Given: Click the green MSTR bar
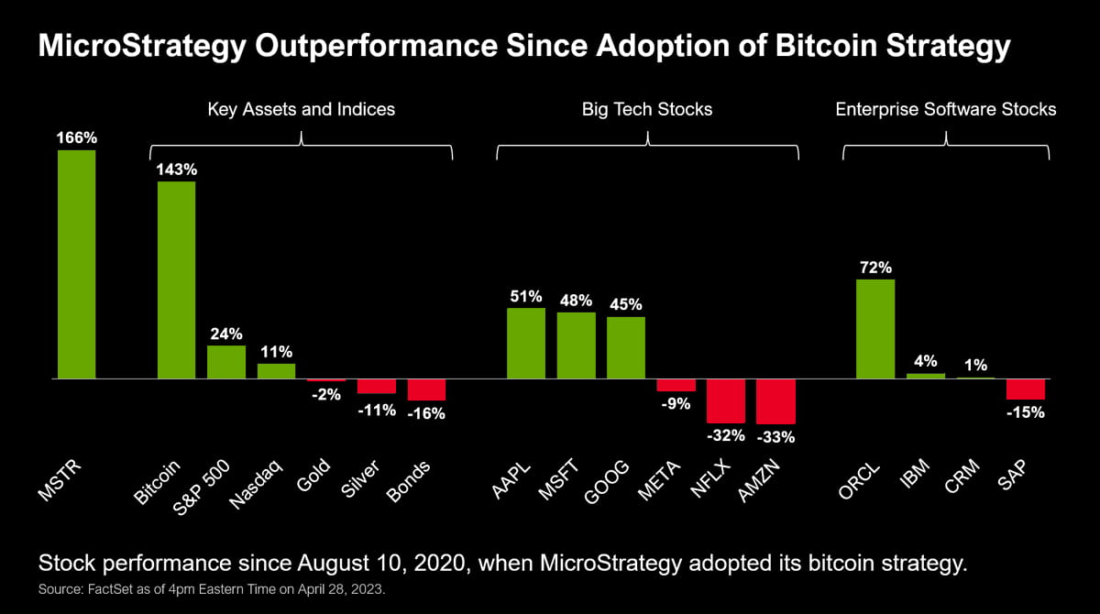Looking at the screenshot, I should pos(77,264).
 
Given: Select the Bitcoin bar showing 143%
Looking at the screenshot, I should pos(176,280).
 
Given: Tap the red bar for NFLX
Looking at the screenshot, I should pos(725,400).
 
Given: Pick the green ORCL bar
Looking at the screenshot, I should pos(875,329).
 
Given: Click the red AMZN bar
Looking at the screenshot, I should pos(775,401).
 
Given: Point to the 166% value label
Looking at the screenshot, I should pos(77,138).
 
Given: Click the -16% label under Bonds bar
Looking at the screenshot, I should pos(425,413).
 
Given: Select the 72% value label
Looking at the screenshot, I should pos(875,268).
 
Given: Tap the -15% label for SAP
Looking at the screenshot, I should pos(1026,412).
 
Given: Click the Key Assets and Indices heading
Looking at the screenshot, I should pos(302,109).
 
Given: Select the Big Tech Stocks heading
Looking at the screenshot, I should pos(647,109).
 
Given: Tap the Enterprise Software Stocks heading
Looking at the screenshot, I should pos(946,109).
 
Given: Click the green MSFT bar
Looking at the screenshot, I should pos(576,345).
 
